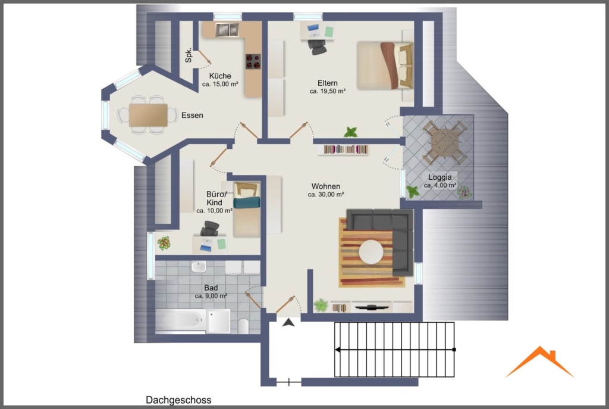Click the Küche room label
[220, 76]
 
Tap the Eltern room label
[328, 83]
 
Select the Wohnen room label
[326, 186]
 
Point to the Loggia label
[440, 177]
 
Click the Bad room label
[211, 288]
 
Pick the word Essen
[192, 115]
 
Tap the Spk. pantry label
[189, 55]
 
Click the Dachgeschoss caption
[178, 399]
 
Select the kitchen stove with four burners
[253, 61]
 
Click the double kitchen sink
[227, 30]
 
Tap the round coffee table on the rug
[371, 252]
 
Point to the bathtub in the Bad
[180, 321]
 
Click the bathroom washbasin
[199, 267]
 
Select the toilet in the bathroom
[243, 326]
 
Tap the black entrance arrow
[288, 322]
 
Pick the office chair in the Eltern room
[317, 46]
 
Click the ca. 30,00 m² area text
[326, 195]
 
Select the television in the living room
[372, 307]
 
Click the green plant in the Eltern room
[351, 132]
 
